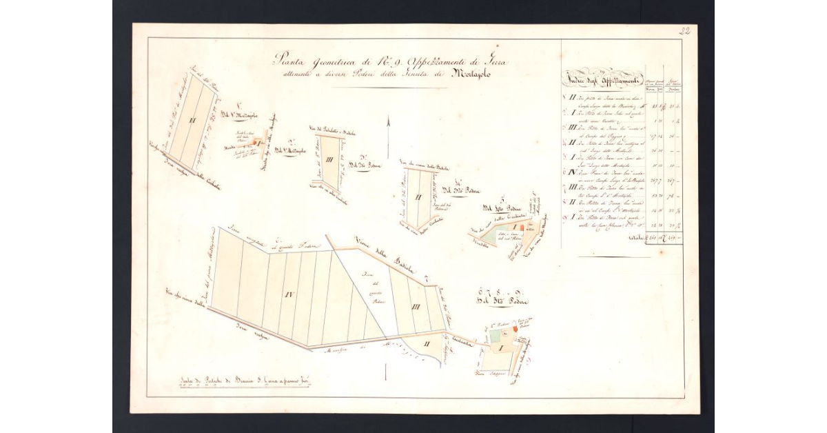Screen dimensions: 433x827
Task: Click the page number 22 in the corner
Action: pos(684,31)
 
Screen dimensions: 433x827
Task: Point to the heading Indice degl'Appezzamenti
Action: pos(603,78)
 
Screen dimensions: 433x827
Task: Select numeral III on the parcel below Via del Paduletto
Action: pos(330,161)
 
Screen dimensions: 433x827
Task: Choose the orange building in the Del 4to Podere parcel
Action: pos(522,226)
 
